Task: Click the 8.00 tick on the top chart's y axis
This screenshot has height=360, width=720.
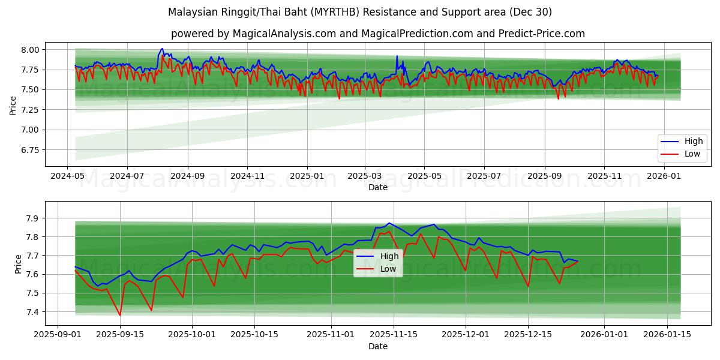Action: click(x=29, y=50)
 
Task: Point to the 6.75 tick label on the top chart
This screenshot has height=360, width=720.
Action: click(x=29, y=150)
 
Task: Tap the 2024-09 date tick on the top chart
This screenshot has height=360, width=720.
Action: click(x=187, y=176)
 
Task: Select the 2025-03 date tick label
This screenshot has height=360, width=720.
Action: click(x=364, y=176)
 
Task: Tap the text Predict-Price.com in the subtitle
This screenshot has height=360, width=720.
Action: click(x=541, y=34)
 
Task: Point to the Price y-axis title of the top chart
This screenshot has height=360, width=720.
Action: click(x=13, y=106)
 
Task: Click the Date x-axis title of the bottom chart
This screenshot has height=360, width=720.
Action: click(x=378, y=346)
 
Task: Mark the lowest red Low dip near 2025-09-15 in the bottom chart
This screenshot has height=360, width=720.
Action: click(x=120, y=316)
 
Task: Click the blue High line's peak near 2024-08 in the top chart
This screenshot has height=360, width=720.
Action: click(x=162, y=49)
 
